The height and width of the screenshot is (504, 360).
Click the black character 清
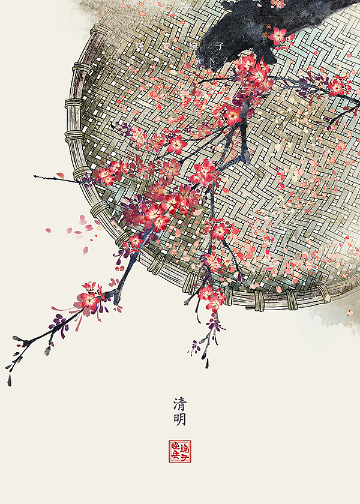point(179,402)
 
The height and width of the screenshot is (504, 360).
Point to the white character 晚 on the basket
point(140,46)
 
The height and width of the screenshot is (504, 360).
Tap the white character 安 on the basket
point(167,46)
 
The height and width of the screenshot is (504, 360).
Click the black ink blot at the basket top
point(240,30)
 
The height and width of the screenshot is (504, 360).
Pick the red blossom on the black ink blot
point(278,35)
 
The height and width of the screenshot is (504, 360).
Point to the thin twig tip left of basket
point(36,176)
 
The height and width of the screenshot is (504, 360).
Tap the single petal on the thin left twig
point(60,175)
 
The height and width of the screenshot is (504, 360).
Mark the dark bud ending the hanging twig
point(206,363)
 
